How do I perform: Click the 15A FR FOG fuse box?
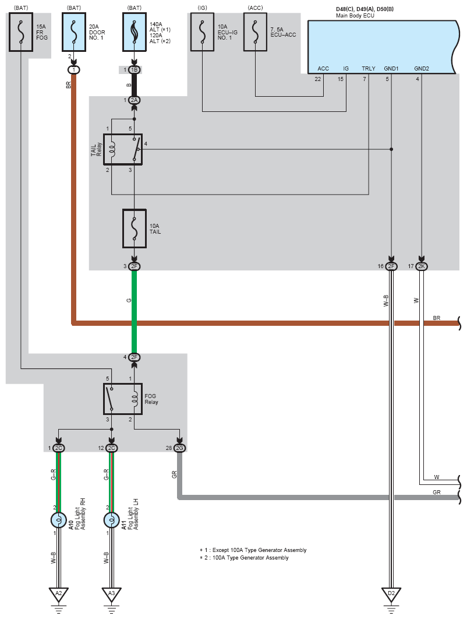click(x=21, y=32)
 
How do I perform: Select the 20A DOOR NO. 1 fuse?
click(x=74, y=32)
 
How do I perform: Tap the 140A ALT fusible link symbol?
click(x=135, y=32)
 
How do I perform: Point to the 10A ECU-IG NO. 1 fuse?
click(x=202, y=32)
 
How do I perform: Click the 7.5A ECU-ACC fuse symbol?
click(x=255, y=32)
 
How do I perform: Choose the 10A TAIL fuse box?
click(x=135, y=228)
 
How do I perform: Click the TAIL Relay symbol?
click(x=123, y=149)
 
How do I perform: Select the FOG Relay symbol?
click(x=123, y=399)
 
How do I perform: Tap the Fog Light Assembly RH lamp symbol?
click(x=59, y=520)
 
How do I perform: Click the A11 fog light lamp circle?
click(x=112, y=520)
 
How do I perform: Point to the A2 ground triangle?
click(x=59, y=594)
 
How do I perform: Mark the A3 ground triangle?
click(x=112, y=594)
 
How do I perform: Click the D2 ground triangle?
click(x=391, y=594)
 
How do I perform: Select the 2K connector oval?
click(x=422, y=266)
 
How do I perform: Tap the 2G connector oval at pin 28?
click(x=179, y=448)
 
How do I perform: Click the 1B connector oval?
click(x=135, y=70)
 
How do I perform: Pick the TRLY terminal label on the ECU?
click(x=369, y=69)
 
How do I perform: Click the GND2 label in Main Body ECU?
click(x=421, y=69)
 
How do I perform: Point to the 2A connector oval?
click(x=135, y=100)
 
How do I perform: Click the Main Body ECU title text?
click(x=355, y=16)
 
